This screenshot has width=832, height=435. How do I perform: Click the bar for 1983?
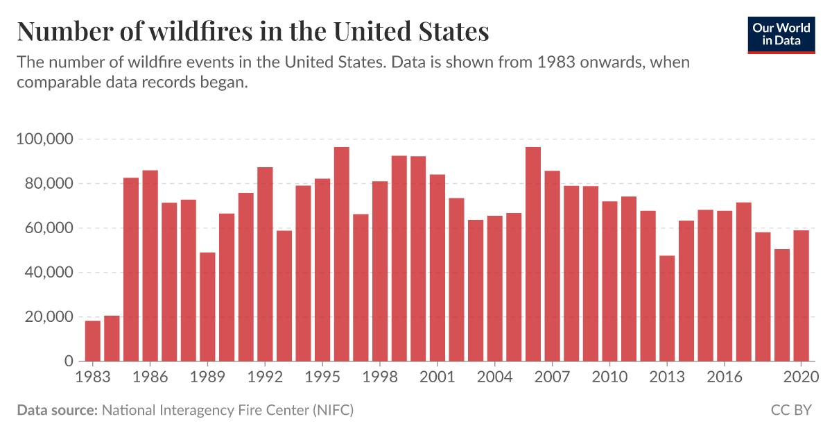(x=93, y=341)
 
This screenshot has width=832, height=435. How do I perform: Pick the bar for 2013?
(x=667, y=309)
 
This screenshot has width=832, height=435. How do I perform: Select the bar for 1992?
(x=265, y=264)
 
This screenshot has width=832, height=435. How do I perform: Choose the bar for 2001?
(x=437, y=268)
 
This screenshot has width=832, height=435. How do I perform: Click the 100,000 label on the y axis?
(x=44, y=139)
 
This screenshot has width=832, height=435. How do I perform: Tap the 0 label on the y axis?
(x=69, y=361)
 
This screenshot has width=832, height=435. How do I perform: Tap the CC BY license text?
(x=790, y=410)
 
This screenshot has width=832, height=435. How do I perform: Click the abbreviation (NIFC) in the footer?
(x=333, y=410)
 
